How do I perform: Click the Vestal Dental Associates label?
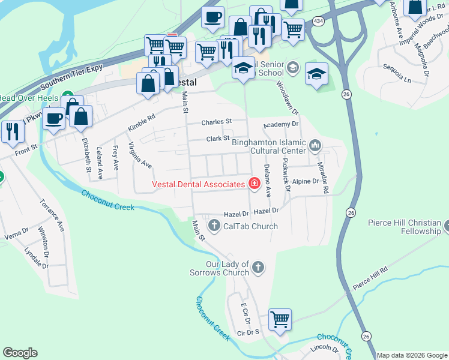[x=199, y=184]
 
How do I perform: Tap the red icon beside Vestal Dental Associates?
[x=254, y=184]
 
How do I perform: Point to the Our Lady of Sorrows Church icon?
[x=258, y=268]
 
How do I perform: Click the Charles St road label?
[x=217, y=122]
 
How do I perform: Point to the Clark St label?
[x=218, y=139]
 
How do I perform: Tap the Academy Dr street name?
[x=281, y=124]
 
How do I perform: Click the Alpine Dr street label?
[x=305, y=181]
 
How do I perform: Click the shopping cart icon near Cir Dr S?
[x=280, y=319]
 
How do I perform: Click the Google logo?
[x=20, y=353]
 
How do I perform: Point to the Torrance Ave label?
[x=53, y=217]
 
